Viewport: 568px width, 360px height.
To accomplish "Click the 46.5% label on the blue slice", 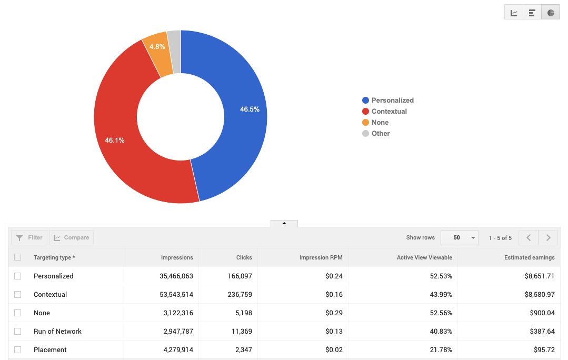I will pos(250,109).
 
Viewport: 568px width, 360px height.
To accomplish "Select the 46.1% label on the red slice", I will pos(115,141).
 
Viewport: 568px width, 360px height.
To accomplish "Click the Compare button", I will pos(72,238).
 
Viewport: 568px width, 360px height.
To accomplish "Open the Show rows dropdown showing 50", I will pos(459,238).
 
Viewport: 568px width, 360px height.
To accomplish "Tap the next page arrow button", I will pos(548,238).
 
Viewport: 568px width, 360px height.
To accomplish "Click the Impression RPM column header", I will pos(321,258).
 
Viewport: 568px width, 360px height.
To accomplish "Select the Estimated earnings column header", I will pos(529,258).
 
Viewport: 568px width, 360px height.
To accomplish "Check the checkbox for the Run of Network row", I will pos(18,332).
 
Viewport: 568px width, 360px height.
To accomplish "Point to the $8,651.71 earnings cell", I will pos(536,276).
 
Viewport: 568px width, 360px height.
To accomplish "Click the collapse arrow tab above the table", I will pos(284,224).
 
